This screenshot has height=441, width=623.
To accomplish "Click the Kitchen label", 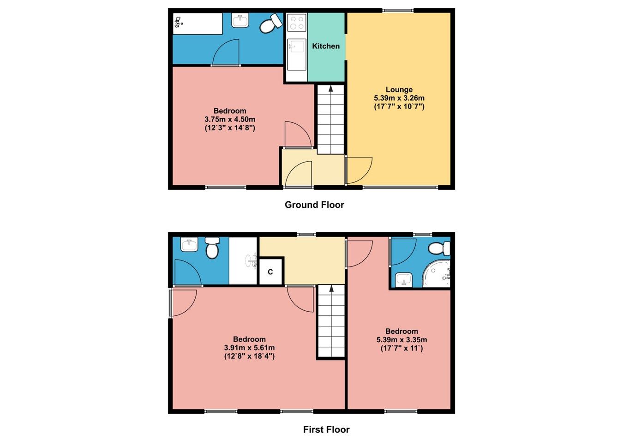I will (x=325, y=46).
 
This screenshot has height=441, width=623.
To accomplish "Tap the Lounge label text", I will (x=399, y=90).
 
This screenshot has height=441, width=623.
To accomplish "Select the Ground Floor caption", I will (x=314, y=205).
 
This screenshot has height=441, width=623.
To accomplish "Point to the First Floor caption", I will (x=326, y=429).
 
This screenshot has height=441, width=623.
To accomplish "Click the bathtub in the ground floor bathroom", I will (x=198, y=24).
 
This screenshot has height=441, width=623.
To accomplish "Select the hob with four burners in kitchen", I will (x=296, y=23).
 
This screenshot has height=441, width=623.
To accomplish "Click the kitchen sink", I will (x=296, y=48).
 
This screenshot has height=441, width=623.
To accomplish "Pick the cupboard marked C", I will (x=270, y=272).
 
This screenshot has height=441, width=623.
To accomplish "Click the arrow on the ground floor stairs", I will (x=331, y=89).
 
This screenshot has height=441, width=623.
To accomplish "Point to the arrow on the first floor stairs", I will (x=331, y=289).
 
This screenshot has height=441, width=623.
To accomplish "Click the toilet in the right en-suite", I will (x=438, y=248).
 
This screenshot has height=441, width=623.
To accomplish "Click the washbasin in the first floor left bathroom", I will (x=189, y=245).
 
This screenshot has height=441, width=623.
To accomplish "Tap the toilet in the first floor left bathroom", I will (x=212, y=248).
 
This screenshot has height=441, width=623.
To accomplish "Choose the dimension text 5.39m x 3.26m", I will (x=399, y=98).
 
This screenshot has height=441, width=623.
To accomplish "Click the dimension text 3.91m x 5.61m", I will (x=249, y=348).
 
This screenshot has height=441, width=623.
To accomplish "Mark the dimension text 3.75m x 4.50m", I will (x=230, y=119).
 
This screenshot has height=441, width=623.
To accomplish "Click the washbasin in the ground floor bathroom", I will (x=240, y=21).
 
